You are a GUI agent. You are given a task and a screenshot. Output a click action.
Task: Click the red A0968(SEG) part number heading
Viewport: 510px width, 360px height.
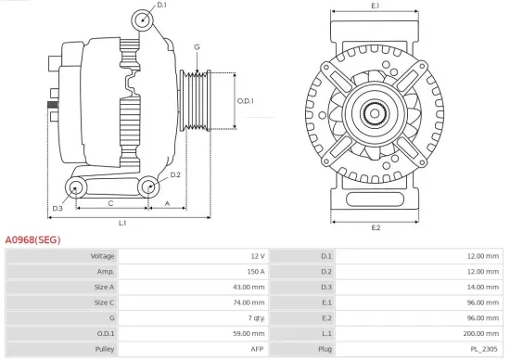tap(33, 238)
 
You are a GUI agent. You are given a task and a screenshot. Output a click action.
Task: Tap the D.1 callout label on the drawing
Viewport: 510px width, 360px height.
tap(161, 6)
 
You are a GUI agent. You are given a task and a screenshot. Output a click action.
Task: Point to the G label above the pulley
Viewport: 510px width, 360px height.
tap(197, 46)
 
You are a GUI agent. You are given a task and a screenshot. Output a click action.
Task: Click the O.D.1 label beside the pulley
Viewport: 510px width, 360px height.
tap(245, 101)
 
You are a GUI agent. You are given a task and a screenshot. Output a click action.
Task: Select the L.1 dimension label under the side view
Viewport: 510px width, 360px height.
tap(122, 223)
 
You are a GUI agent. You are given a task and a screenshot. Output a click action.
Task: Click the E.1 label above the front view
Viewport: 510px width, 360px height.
tap(376, 6)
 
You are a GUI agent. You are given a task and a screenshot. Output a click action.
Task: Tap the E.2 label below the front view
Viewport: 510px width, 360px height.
tap(376, 227)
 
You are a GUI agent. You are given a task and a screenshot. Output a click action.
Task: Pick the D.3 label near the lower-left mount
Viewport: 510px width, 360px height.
tap(57, 208)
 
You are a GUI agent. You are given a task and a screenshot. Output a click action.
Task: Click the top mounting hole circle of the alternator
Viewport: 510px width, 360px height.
tap(143, 20)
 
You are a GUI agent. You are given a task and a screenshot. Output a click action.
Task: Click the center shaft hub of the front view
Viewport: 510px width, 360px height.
tap(376, 114)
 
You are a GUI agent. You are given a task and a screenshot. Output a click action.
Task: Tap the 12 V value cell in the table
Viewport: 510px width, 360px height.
tap(258, 256)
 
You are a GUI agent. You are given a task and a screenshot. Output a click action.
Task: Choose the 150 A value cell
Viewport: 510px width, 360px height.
tap(256, 272)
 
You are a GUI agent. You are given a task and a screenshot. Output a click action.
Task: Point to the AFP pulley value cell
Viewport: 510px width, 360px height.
tap(257, 348)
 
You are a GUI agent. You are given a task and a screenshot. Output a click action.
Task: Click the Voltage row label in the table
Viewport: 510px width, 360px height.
tap(102, 256)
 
